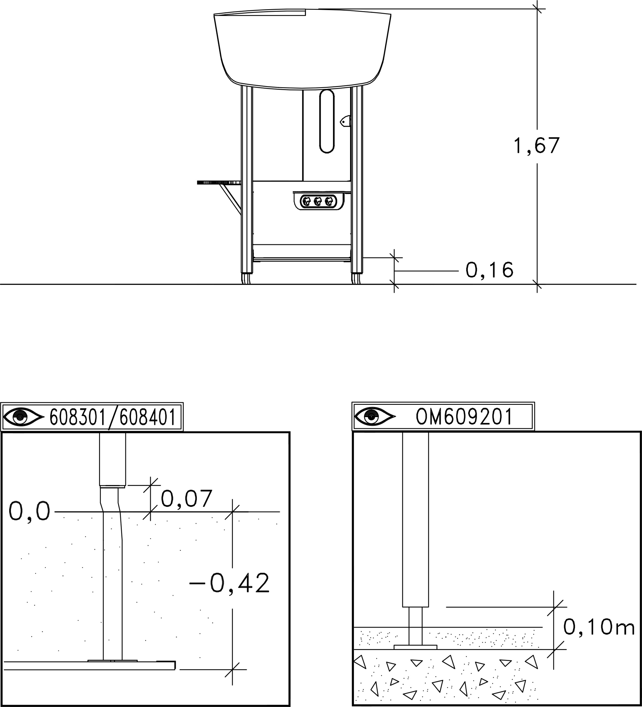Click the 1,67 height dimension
point(536,146)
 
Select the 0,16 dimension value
point(489,270)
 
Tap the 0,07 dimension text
point(186,499)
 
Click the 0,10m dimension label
point(599,627)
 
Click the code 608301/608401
point(112,417)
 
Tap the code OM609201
point(464,417)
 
